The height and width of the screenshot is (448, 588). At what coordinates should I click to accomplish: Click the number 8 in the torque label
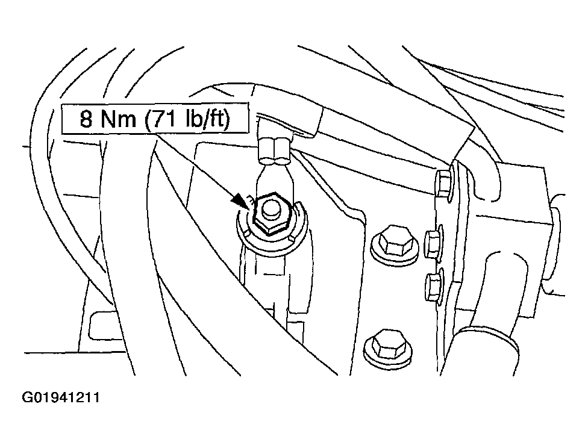pos(86,119)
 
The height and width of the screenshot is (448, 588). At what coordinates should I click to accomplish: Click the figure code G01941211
pos(61,397)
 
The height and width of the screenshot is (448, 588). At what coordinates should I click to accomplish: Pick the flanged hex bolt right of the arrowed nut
pos(395,246)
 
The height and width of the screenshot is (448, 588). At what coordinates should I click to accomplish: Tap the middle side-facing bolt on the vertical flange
pos(434,244)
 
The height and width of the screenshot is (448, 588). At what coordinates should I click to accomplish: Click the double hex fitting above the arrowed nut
pos(275,151)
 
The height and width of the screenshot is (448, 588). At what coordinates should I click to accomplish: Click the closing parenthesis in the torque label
pos(225,119)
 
